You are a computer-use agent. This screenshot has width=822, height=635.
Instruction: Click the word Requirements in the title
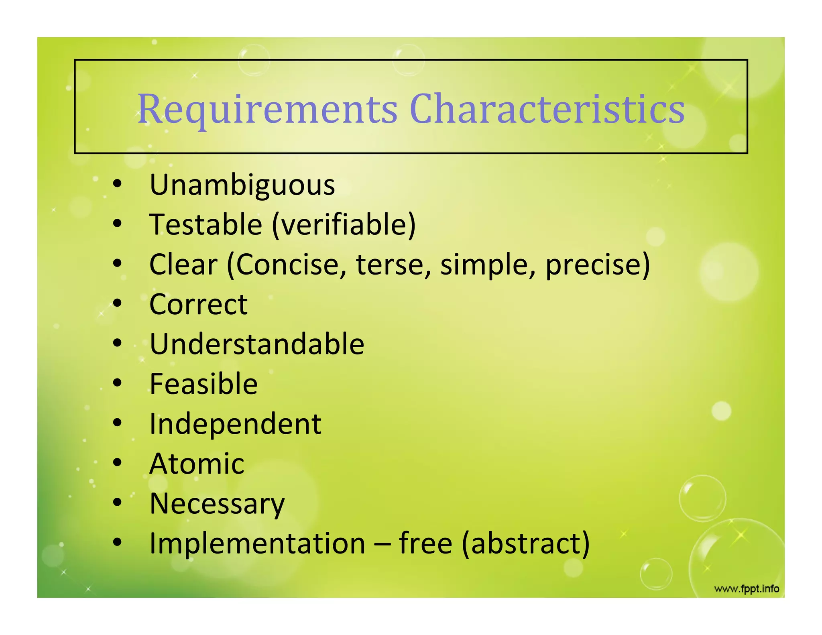tap(267, 109)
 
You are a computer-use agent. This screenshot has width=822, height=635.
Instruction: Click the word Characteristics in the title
tap(547, 109)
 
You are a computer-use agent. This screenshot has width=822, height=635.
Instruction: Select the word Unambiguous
tap(242, 185)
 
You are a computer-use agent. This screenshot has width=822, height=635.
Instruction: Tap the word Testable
tap(205, 224)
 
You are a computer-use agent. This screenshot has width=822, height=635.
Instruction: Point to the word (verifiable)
tap(344, 224)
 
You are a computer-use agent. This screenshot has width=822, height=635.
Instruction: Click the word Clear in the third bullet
tap(183, 265)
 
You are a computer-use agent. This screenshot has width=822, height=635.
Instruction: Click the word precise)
tap(598, 265)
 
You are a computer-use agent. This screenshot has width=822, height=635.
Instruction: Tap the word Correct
tap(198, 304)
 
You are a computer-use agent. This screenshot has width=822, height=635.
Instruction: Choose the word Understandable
tap(257, 344)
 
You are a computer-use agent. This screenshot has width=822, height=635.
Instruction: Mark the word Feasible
tap(203, 384)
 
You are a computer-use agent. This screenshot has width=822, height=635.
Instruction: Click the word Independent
tap(235, 424)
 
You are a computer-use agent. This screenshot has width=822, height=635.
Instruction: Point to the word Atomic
tap(197, 464)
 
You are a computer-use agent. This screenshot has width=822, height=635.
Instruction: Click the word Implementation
tap(257, 543)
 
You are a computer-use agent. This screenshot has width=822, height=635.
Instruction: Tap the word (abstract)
tap(526, 543)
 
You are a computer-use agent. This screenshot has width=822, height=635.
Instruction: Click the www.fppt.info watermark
tap(747, 589)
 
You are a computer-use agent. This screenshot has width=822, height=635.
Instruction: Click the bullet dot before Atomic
tap(117, 462)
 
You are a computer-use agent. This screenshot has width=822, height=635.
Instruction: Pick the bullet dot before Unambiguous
tap(117, 184)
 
